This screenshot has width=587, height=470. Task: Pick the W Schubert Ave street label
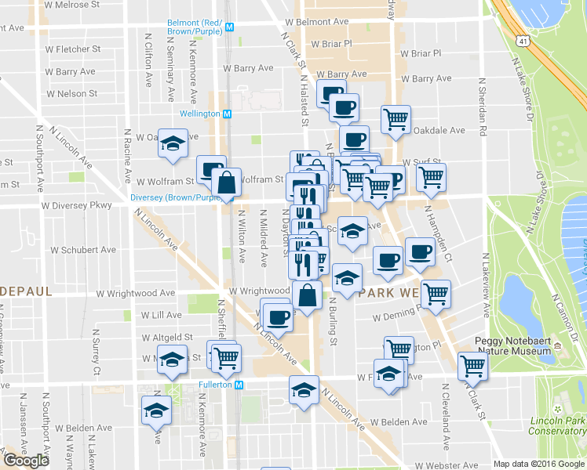tap(83, 251)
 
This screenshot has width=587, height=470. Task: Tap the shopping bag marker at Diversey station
tap(226, 182)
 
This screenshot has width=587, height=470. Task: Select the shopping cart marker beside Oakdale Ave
tap(396, 118)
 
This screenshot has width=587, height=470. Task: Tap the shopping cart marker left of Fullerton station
tap(226, 357)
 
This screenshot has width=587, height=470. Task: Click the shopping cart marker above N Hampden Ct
tap(431, 176)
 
